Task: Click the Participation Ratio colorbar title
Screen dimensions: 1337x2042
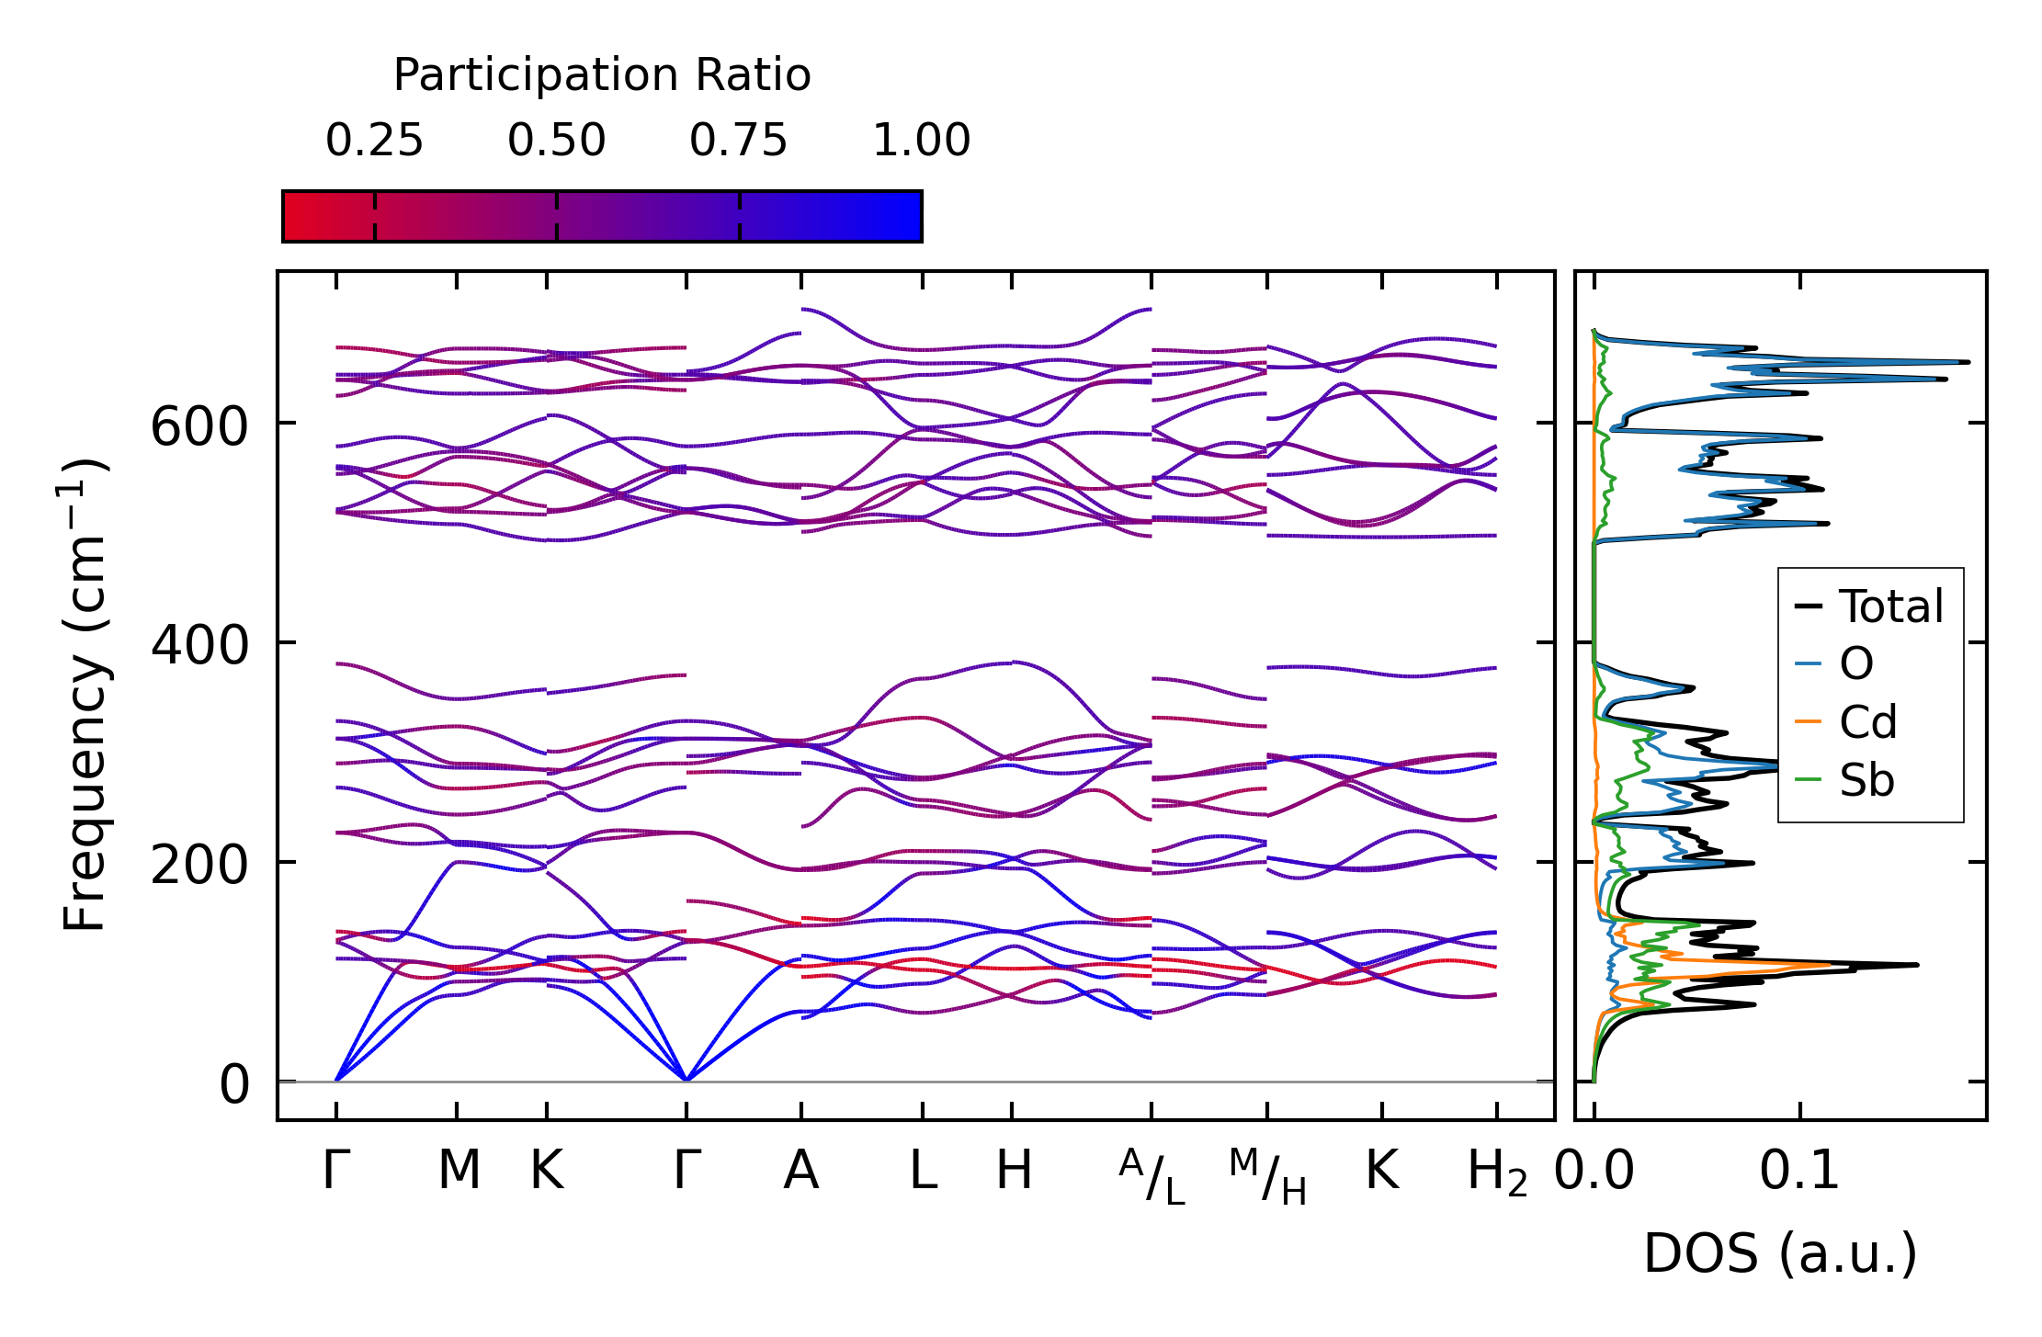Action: tap(602, 75)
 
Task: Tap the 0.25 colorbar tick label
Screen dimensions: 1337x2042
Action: tap(374, 142)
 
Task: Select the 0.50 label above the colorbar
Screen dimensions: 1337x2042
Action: tap(556, 142)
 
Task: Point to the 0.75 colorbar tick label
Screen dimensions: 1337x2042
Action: tap(739, 142)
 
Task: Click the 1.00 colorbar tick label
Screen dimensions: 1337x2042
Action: tap(921, 142)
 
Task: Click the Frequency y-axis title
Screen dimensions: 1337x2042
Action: tap(85, 695)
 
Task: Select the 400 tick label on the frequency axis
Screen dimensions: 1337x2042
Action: tap(199, 646)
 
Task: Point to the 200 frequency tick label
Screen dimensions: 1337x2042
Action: tap(199, 866)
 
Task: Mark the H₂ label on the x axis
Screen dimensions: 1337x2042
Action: tap(1497, 1173)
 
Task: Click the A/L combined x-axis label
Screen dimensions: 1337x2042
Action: tap(1151, 1177)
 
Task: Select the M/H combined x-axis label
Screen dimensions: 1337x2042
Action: tap(1267, 1177)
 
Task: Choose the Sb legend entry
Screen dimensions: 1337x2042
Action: tap(1866, 781)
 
